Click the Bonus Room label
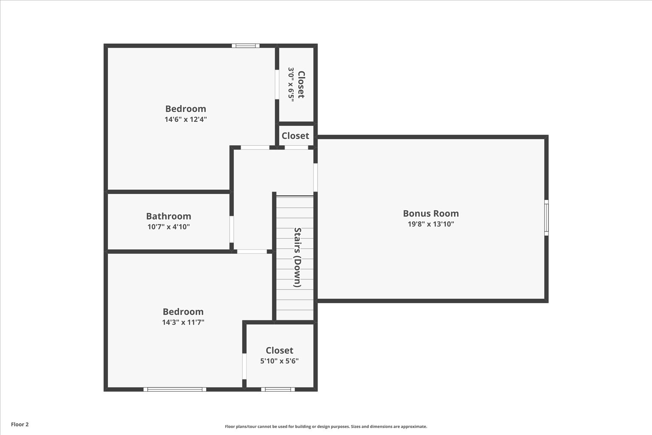point(430,214)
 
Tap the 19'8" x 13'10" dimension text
point(430,224)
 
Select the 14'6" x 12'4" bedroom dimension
point(185,119)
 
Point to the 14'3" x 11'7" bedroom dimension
point(183,322)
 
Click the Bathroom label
point(169,216)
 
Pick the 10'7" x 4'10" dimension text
point(169,227)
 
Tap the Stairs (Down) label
point(298,257)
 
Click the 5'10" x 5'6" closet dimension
point(279,361)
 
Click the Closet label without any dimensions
point(295,136)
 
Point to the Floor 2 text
point(20,424)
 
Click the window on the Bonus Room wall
point(546,217)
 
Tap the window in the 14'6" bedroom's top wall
point(245,45)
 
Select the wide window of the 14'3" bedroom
point(175,389)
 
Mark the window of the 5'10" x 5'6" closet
point(278,389)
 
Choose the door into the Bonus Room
point(315,177)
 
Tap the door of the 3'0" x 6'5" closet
point(277,85)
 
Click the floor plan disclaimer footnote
point(326,427)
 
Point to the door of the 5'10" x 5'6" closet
point(244,366)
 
